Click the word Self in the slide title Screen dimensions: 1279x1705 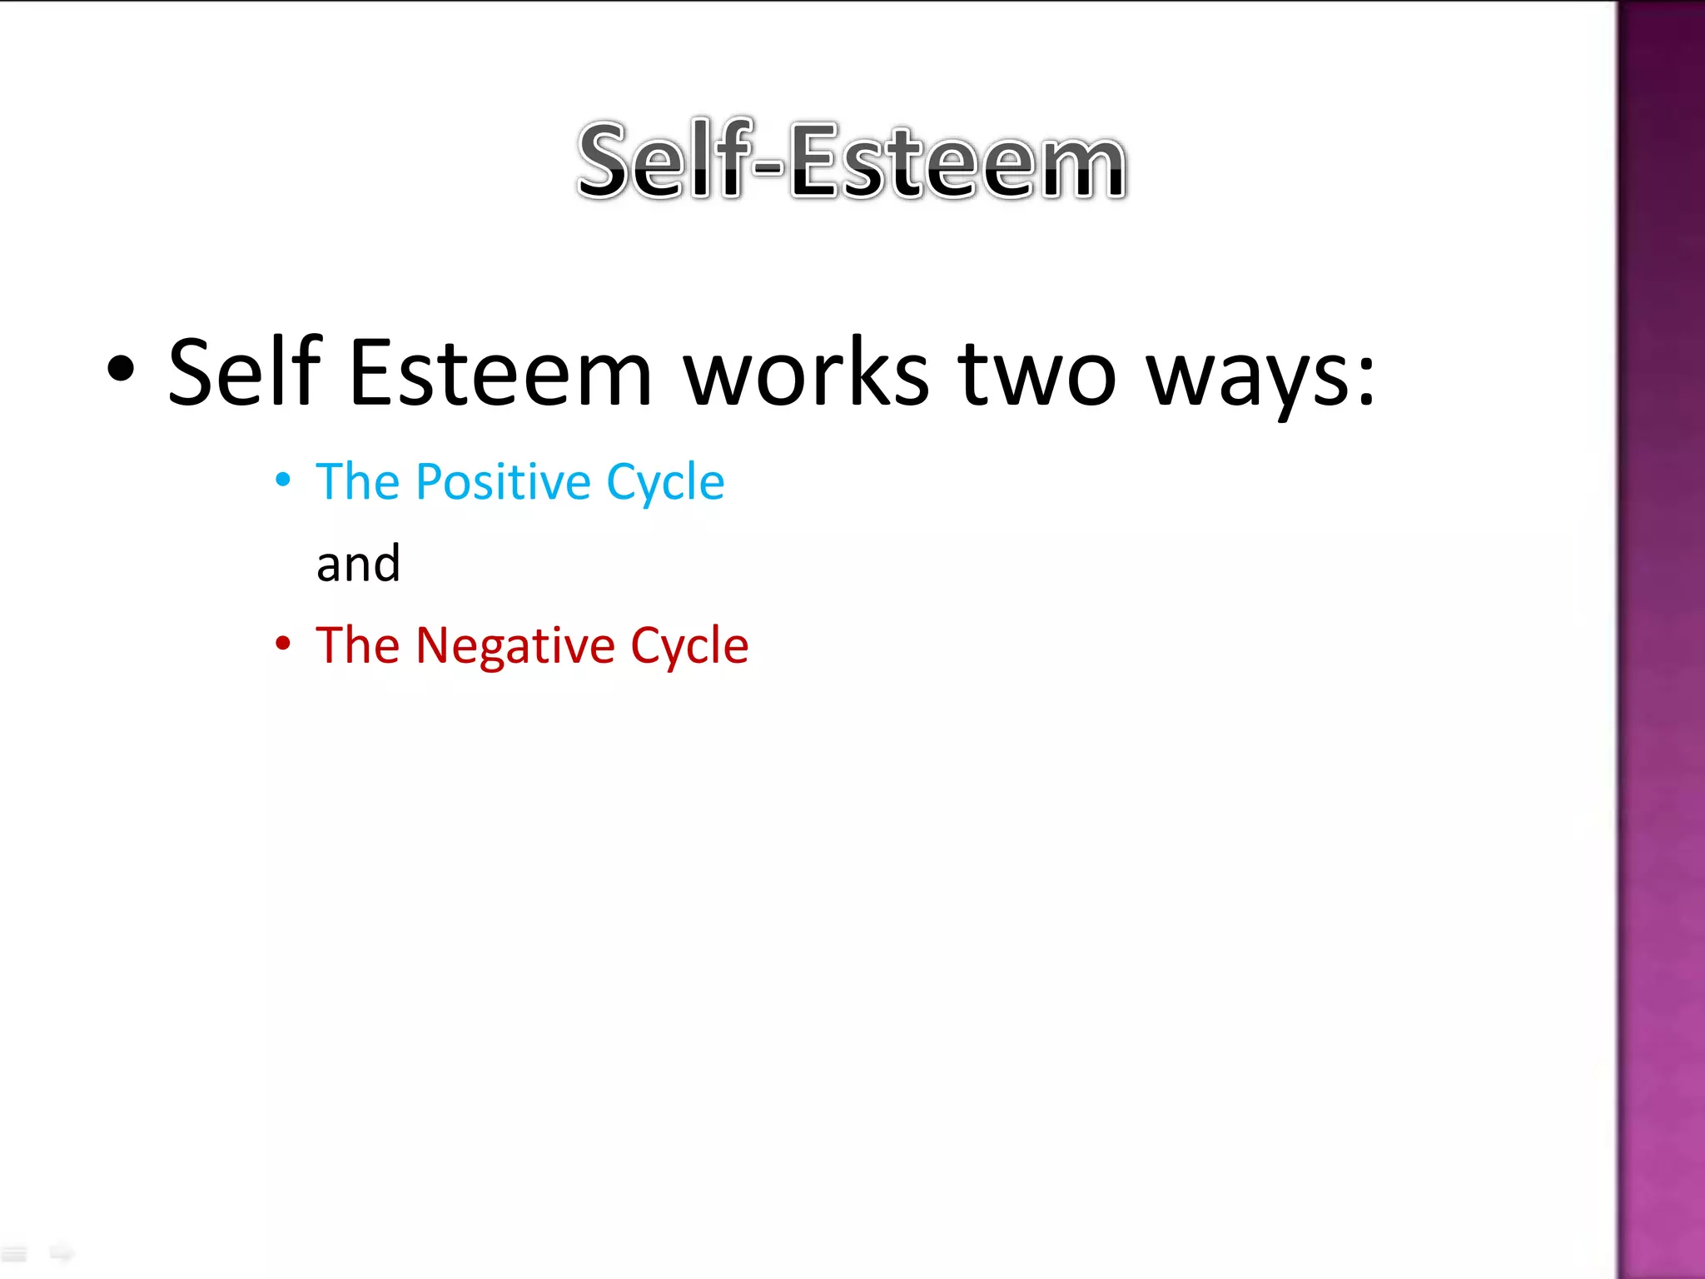pyautogui.click(x=659, y=160)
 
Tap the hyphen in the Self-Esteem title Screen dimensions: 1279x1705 pyautogui.click(x=768, y=166)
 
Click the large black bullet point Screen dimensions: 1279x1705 pyautogui.click(x=121, y=370)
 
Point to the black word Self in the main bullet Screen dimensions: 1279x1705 pyautogui.click(x=244, y=371)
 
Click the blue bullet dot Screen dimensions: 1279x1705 pyautogui.click(x=283, y=480)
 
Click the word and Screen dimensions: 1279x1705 pyautogui.click(x=359, y=564)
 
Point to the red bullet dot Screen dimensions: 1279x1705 pyautogui.click(x=283, y=644)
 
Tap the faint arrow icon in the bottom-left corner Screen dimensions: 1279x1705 pyautogui.click(x=61, y=1252)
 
